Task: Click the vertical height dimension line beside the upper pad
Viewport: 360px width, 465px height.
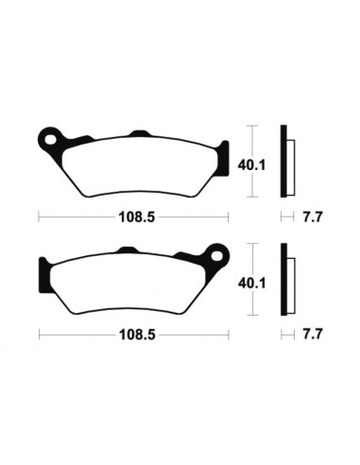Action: [x=252, y=160]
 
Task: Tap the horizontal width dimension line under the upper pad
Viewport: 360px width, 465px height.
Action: [x=76, y=216]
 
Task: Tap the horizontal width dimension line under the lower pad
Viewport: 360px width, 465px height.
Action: [x=76, y=333]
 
